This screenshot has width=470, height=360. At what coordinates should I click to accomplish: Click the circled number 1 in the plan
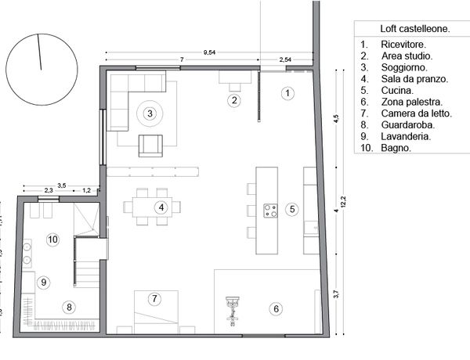tap(287, 93)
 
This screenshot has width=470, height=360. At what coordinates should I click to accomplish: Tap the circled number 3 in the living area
tap(150, 113)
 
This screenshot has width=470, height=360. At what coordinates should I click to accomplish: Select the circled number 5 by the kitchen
tap(292, 209)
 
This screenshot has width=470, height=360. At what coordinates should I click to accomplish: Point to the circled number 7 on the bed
tap(154, 299)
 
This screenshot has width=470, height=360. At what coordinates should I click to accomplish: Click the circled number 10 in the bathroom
tap(52, 239)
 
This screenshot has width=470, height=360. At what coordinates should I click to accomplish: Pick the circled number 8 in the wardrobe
tap(69, 307)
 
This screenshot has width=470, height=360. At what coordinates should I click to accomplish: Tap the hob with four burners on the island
tap(270, 211)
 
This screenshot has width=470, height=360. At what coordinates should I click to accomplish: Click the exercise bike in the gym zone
tap(233, 311)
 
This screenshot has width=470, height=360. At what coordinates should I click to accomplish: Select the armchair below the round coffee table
tap(150, 146)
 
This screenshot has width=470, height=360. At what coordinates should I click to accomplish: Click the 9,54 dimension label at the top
tap(209, 52)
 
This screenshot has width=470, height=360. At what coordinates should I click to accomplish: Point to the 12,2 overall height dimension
tap(344, 202)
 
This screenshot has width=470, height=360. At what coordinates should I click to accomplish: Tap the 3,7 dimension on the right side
tap(336, 294)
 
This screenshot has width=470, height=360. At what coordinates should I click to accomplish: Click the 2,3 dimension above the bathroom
tap(49, 190)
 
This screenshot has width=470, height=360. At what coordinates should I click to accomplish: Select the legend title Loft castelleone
tap(415, 29)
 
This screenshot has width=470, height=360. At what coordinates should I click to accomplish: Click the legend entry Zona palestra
tap(412, 102)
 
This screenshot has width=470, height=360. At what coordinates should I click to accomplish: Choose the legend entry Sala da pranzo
tap(414, 79)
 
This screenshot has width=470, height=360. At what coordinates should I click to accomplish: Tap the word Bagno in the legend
tap(396, 148)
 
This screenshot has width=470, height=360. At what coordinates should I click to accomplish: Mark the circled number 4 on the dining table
tap(161, 207)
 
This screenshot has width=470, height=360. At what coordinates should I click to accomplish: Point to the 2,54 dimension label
tap(285, 59)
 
